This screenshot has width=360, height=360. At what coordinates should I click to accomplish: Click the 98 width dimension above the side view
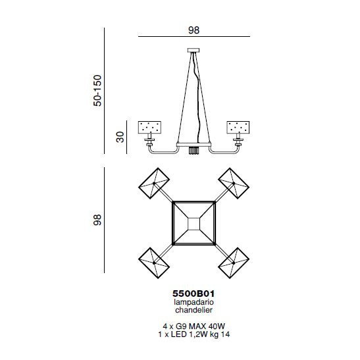coord(193,30)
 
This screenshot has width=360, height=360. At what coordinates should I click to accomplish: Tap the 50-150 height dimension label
coord(97,90)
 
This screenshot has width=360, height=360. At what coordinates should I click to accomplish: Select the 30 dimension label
coord(120,137)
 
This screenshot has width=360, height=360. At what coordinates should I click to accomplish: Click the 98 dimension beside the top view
coord(97,220)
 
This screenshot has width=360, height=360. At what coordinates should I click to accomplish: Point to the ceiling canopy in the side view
coord(193,50)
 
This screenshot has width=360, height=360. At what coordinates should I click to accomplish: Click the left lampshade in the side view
coord(149,128)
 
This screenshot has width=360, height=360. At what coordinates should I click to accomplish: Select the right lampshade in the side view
coord(238,128)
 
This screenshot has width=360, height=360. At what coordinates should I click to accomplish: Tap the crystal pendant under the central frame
coord(193,151)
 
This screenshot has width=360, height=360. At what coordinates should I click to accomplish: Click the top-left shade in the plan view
coord(154,184)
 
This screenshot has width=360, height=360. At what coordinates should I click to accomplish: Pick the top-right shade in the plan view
coord(234,184)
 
